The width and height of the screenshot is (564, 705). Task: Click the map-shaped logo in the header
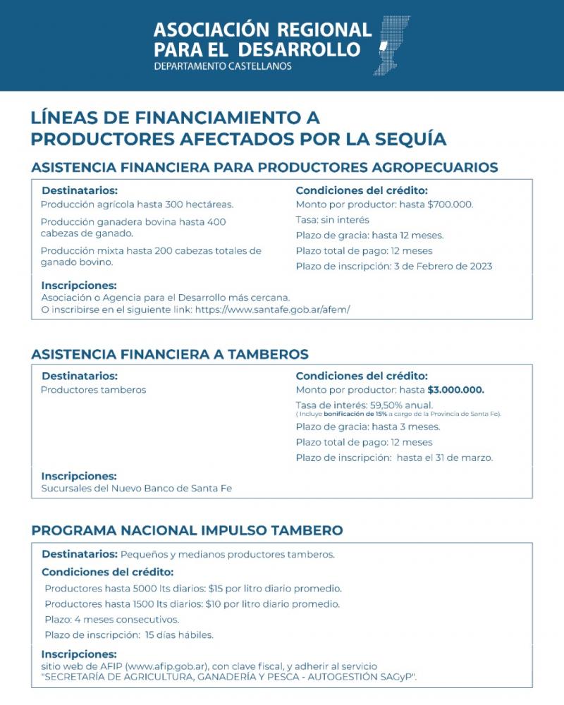click(x=393, y=44)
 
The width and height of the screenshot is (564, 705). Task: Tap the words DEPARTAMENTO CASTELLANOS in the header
click(x=222, y=67)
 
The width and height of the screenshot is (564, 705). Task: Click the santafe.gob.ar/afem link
click(x=272, y=309)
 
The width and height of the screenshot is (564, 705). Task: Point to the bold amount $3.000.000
click(x=456, y=391)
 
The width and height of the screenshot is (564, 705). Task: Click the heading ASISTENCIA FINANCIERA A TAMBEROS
click(x=170, y=354)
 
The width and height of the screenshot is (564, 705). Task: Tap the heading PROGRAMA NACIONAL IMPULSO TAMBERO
click(x=188, y=530)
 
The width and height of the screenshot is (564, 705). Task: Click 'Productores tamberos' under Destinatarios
click(x=93, y=390)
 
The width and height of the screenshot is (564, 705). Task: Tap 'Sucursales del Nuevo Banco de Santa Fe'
click(x=136, y=488)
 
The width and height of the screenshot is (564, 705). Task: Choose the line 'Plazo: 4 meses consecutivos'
click(x=111, y=620)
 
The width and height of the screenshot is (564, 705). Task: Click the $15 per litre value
click(x=215, y=588)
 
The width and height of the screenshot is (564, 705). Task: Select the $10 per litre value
click(x=214, y=604)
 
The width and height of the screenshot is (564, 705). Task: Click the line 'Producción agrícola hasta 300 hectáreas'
click(x=137, y=205)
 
